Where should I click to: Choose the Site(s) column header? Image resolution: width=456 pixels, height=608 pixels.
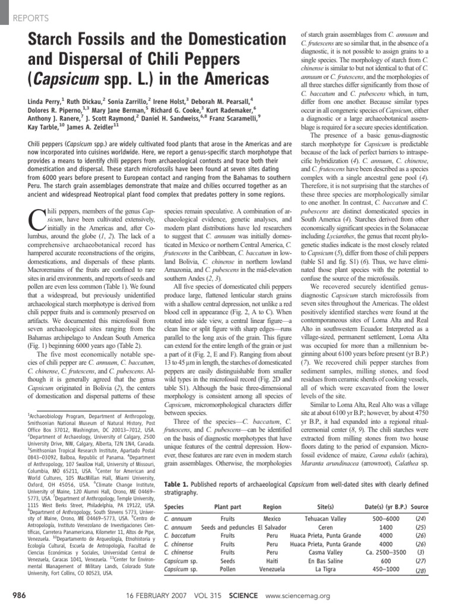(325, 507)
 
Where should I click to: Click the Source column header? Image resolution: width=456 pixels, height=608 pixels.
(419, 507)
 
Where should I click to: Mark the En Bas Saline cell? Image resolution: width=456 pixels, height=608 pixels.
(325, 565)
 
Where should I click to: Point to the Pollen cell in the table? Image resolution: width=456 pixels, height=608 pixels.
(227, 573)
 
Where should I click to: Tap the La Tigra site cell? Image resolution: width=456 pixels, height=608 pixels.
(325, 573)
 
